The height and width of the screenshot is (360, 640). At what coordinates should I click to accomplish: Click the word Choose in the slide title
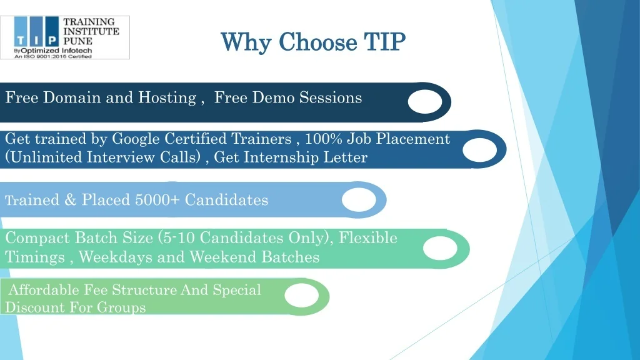pos(317,42)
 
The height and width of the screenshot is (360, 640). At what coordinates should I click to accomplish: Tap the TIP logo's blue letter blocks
pos(36,31)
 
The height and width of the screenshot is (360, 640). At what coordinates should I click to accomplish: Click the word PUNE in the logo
pos(77,41)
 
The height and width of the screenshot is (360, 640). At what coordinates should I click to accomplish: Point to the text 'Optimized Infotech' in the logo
pos(56,51)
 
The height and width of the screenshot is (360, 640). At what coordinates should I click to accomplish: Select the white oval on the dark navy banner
pos(425,102)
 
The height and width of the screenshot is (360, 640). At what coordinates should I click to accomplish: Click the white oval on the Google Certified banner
pos(479,149)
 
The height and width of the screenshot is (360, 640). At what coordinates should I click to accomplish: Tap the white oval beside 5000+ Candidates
pos(359,200)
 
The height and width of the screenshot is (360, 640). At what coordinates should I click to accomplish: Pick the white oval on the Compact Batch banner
pos(440,248)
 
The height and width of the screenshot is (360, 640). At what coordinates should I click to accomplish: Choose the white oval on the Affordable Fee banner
pos(302,296)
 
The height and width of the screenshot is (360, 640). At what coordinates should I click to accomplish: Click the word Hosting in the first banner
pos(167,98)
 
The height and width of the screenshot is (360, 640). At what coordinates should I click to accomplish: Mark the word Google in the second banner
pos(136,139)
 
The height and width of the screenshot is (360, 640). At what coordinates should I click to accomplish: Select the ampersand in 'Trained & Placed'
pos(70,200)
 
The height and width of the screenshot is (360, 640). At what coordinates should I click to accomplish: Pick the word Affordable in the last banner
pos(44,290)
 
